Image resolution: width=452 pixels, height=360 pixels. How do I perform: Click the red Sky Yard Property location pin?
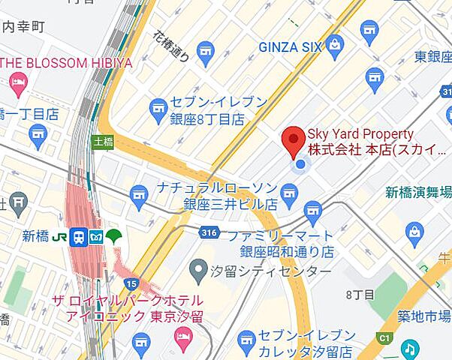pyautogui.click(x=293, y=140)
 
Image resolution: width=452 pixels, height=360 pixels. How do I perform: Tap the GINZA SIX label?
pyautogui.click(x=291, y=47)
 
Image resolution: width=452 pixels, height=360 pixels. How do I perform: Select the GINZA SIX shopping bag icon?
pyautogui.click(x=334, y=46)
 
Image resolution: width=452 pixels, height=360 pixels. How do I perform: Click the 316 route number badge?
pyautogui.click(x=210, y=233)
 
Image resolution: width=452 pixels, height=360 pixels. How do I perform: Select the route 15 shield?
pyautogui.click(x=131, y=283)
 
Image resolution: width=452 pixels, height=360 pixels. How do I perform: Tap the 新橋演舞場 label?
pyautogui.click(x=418, y=192)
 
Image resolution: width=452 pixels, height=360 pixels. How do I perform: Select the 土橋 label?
pyautogui.click(x=101, y=140)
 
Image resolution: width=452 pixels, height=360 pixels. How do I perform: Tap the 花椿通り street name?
pyautogui.click(x=172, y=49)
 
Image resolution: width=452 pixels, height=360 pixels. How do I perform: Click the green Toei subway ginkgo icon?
pyautogui.click(x=114, y=237)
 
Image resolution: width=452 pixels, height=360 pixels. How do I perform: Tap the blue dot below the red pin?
pyautogui.click(x=300, y=164)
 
